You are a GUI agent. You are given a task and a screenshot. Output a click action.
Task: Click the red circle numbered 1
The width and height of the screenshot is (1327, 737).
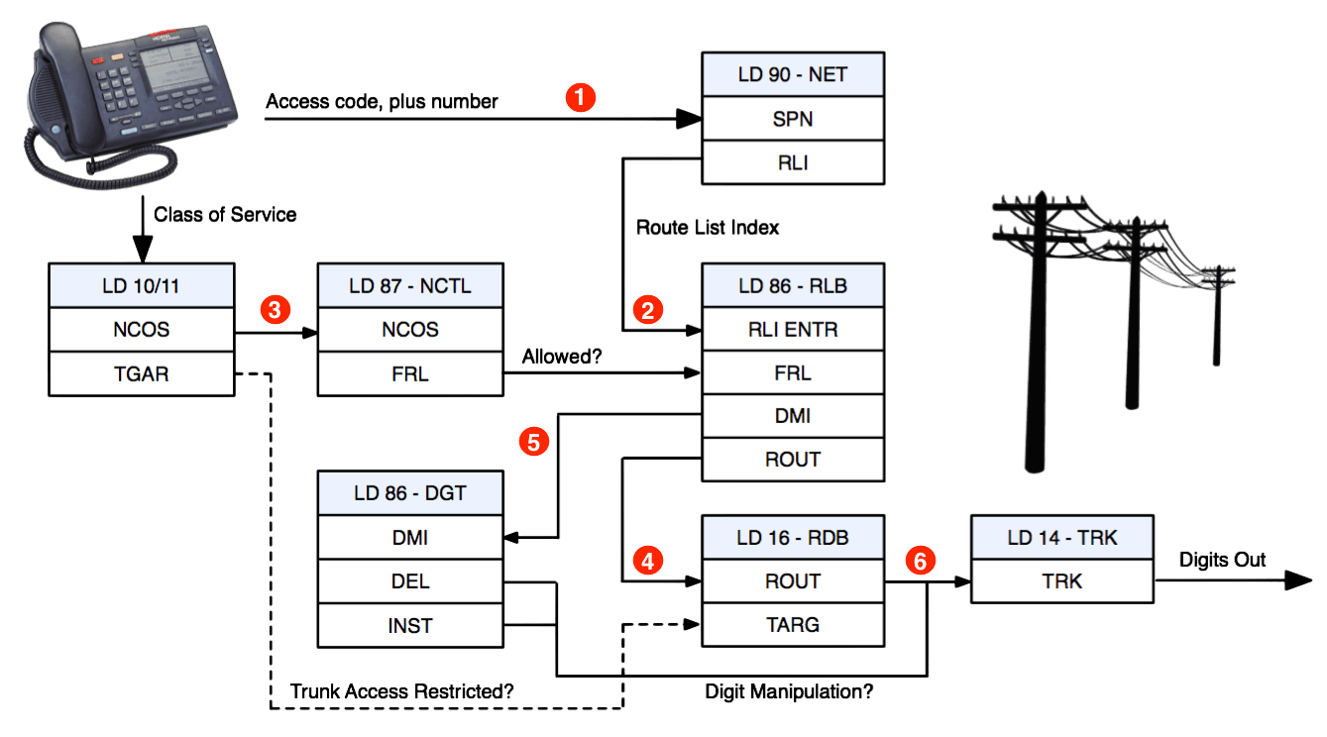tap(580, 98)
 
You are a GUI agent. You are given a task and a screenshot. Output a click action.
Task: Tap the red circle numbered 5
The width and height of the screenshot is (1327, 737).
tap(534, 442)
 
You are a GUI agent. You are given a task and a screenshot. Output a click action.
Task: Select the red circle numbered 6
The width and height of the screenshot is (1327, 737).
tap(920, 561)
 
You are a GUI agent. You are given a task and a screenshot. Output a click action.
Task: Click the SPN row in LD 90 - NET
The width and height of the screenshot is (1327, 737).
tap(793, 119)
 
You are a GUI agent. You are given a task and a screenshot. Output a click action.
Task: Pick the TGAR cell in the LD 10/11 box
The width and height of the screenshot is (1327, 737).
tap(142, 373)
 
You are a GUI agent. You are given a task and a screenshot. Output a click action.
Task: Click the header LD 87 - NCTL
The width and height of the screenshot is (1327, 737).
tap(410, 286)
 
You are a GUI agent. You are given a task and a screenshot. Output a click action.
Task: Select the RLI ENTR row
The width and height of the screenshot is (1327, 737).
tap(793, 329)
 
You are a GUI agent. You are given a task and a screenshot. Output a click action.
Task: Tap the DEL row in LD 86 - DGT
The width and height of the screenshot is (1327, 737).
tap(410, 581)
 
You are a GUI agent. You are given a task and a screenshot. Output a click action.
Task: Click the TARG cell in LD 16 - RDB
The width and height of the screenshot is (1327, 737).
tap(793, 624)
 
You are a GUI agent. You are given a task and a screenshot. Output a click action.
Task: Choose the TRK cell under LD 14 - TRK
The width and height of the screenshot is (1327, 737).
tap(1062, 581)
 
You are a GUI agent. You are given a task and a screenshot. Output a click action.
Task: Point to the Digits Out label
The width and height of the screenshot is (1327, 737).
tap(1222, 560)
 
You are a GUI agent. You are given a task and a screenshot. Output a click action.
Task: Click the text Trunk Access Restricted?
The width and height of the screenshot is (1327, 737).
tap(401, 691)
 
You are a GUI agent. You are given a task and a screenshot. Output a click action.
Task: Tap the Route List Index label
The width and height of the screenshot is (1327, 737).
tap(708, 227)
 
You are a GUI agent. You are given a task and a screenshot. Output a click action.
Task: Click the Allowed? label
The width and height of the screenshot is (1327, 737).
tap(562, 357)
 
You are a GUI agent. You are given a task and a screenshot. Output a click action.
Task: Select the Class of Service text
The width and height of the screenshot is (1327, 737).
tap(225, 214)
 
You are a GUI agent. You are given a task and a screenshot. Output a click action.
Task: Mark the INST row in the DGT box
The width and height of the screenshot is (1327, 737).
tap(410, 626)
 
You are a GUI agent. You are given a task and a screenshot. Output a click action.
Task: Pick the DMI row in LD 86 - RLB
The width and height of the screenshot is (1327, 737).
tap(793, 416)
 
